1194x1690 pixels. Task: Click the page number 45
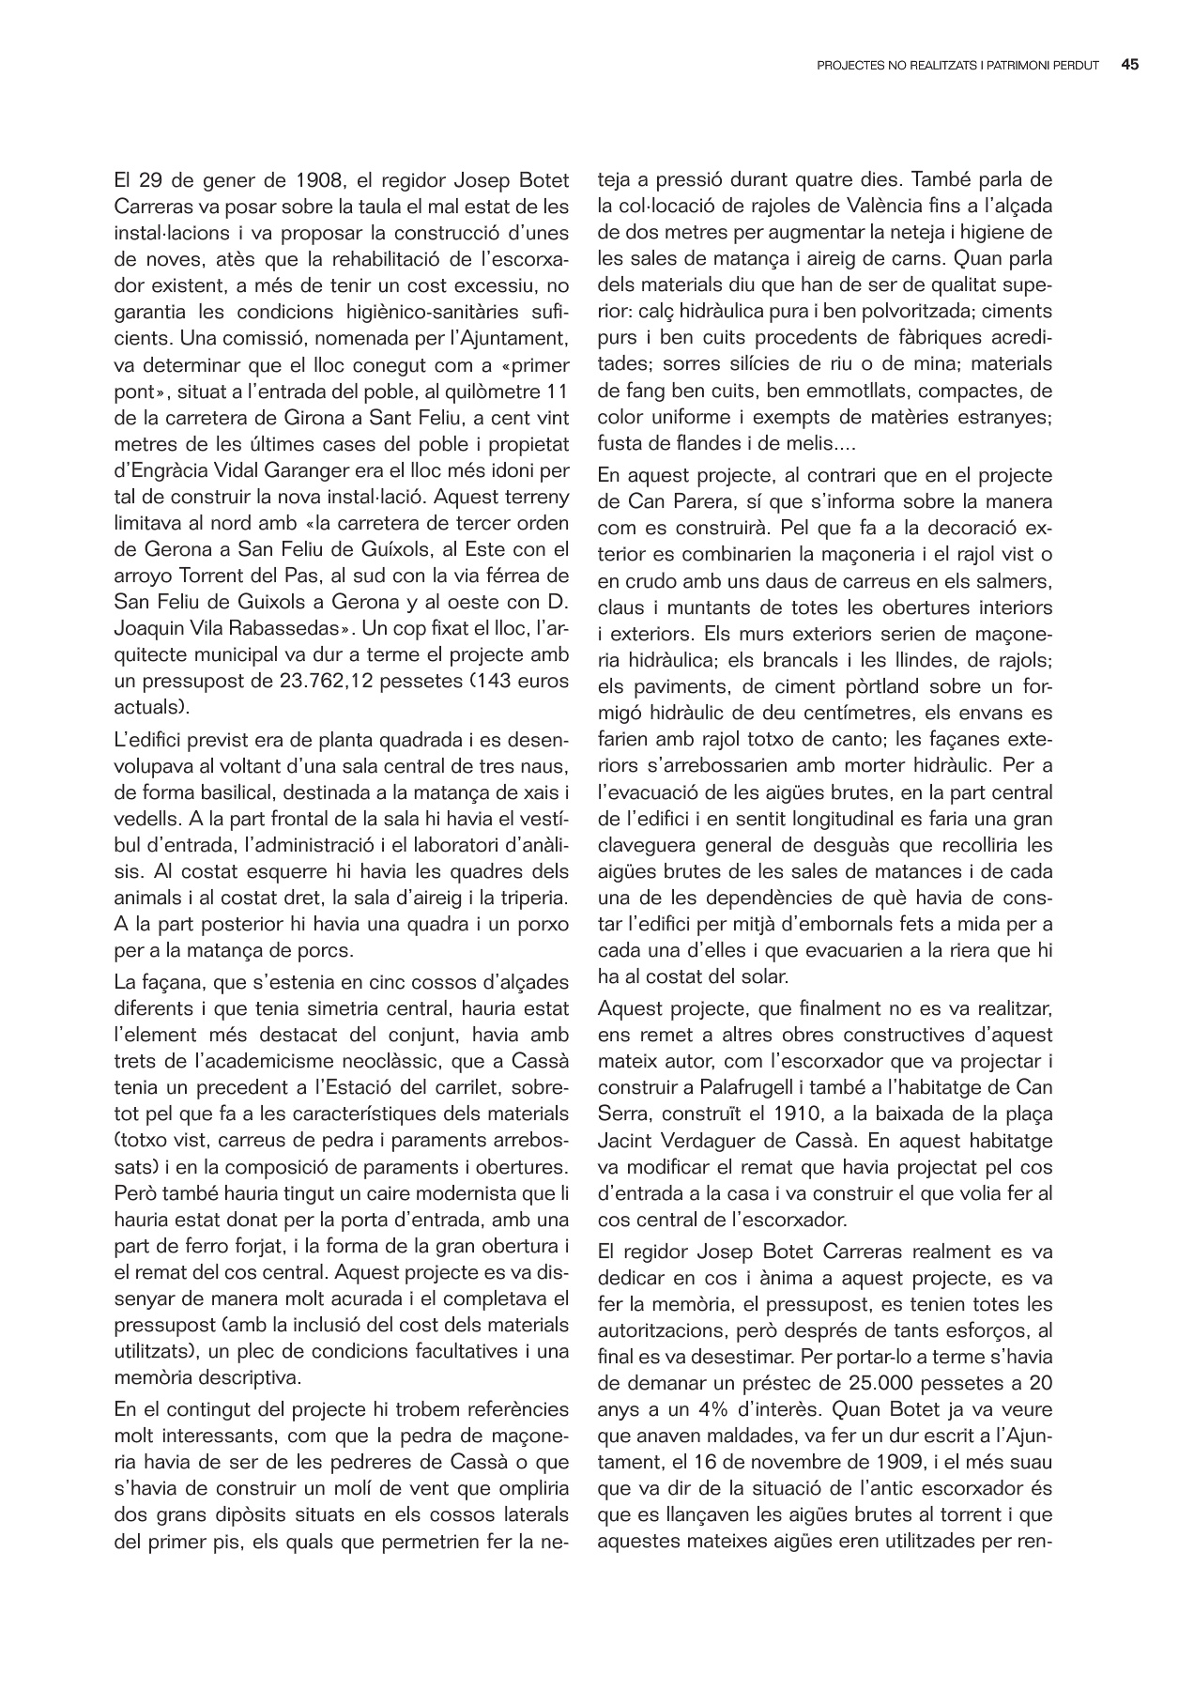1130,66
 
